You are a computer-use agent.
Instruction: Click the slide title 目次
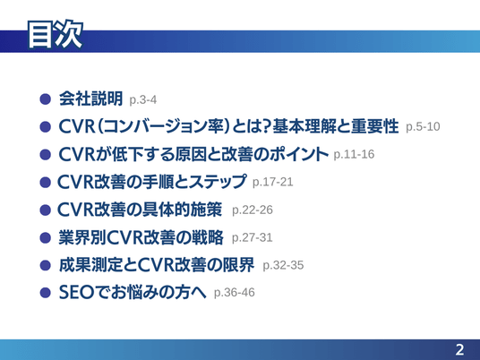56,34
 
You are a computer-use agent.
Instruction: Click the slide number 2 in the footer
459,349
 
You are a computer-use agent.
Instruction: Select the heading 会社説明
91,99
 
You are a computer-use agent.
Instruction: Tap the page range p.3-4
143,99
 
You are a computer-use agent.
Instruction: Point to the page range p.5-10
423,127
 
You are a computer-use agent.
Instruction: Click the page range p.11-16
354,154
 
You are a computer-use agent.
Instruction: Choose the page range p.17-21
273,182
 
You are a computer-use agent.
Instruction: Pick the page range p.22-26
253,210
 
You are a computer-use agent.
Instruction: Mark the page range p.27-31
253,237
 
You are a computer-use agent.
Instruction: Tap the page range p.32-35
283,265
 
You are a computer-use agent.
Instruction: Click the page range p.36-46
235,292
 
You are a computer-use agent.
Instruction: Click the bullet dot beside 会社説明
46,99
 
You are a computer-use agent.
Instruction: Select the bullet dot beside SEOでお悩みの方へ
46,292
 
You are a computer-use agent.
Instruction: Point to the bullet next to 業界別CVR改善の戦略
46,237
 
